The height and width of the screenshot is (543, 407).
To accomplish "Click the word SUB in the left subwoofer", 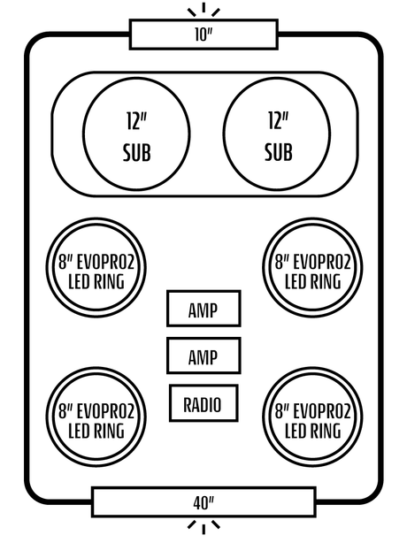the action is (x=137, y=152).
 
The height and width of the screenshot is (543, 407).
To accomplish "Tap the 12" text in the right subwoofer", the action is (x=278, y=120).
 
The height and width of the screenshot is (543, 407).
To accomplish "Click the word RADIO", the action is (x=203, y=404).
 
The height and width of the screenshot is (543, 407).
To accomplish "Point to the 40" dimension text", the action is (x=203, y=503).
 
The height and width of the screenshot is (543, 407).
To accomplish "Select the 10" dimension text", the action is (x=203, y=34).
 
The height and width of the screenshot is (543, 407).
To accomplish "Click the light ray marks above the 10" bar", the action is (x=203, y=10).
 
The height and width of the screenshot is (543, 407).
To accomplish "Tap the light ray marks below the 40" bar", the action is (x=203, y=527).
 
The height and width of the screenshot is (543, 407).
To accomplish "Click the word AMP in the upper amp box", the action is (x=203, y=310).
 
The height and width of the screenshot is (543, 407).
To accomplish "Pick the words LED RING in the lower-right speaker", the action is (x=313, y=431).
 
